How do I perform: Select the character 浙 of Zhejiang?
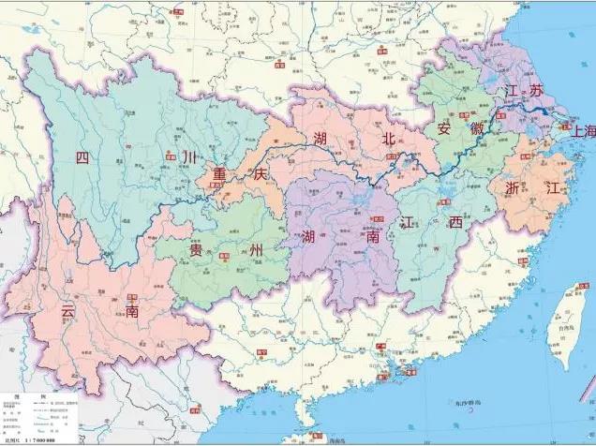[513, 186]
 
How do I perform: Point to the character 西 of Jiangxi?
[454, 222]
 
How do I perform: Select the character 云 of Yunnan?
[67, 310]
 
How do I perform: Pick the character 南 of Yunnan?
[132, 311]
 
